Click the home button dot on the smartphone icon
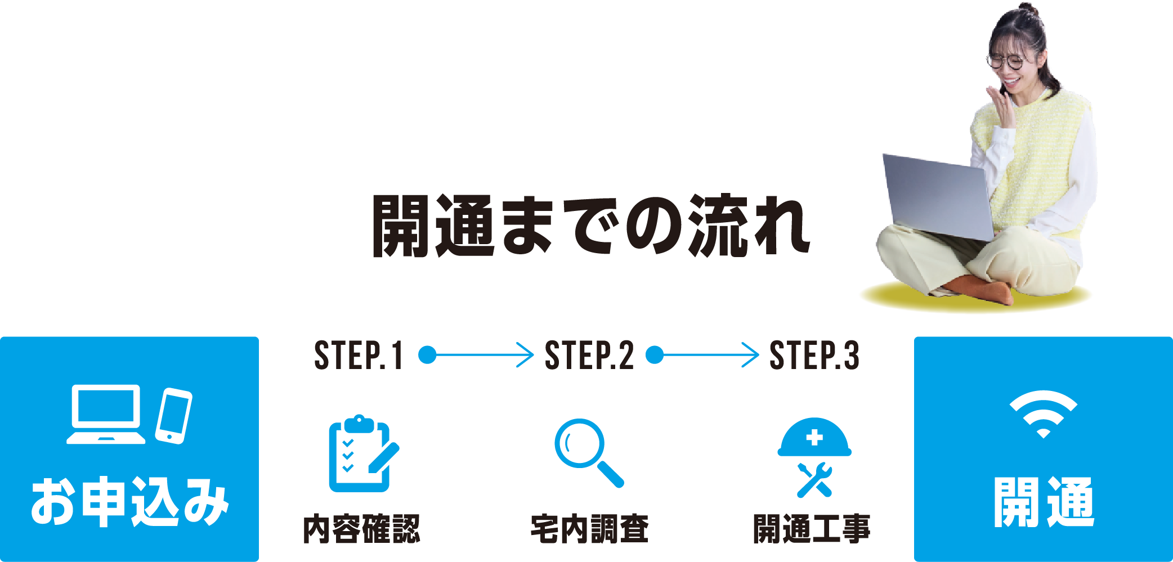click(169, 437)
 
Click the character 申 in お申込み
click(104, 501)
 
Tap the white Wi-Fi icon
click(1043, 414)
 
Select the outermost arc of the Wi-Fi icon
click(1043, 396)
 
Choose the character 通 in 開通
click(1070, 502)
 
